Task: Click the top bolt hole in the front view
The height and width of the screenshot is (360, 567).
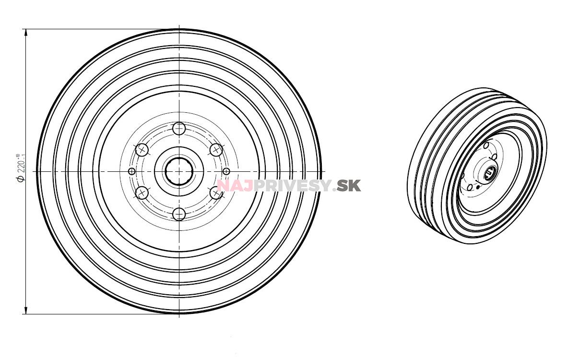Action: click(x=179, y=129)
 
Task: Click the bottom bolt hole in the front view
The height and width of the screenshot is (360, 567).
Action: click(x=179, y=214)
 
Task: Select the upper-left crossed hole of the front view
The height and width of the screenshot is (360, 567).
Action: click(x=142, y=150)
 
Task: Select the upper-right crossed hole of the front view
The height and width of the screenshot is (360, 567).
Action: click(x=216, y=150)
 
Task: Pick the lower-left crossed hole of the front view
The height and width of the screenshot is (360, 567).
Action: click(x=142, y=193)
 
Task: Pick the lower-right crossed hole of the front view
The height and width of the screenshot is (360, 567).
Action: click(x=216, y=193)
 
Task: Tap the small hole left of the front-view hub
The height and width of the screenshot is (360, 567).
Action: click(x=132, y=171)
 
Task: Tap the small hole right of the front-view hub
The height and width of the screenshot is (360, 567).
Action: click(x=226, y=171)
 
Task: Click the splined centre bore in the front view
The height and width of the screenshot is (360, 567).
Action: click(x=179, y=171)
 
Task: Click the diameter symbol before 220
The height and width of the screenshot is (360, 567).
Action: click(x=20, y=179)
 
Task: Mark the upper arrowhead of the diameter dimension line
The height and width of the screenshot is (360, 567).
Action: click(x=25, y=33)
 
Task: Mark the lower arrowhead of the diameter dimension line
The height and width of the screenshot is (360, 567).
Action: click(x=25, y=310)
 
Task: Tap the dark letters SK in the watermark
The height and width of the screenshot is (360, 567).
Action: click(x=349, y=185)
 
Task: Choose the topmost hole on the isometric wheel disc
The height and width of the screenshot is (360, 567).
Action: click(x=486, y=145)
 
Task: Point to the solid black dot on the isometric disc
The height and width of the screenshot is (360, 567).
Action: click(x=478, y=187)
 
